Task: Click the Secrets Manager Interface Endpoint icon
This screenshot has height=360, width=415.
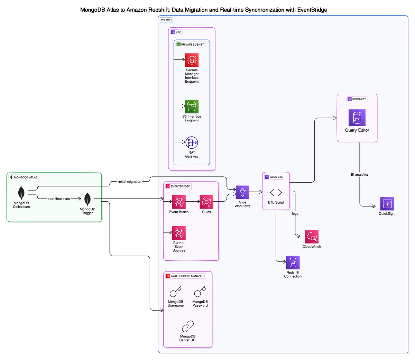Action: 192,60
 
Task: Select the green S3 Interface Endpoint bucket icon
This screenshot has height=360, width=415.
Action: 192,107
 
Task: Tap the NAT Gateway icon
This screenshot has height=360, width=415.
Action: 192,142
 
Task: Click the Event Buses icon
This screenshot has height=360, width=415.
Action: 179,202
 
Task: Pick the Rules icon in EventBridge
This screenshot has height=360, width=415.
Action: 206,202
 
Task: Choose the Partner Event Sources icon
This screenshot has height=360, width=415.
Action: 179,233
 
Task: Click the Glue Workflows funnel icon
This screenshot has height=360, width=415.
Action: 242,192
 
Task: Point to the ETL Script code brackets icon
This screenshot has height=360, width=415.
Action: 276,192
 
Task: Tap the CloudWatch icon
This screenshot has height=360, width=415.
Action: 312,237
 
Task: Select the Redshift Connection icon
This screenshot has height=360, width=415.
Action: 293,263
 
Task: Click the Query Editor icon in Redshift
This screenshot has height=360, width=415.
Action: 357,118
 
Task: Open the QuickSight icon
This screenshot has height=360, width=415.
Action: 387,204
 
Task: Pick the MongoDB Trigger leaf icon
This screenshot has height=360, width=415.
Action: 87,200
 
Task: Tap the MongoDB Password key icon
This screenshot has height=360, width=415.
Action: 200,292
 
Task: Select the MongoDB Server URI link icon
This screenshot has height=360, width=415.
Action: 188,326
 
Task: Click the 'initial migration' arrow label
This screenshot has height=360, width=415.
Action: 129,182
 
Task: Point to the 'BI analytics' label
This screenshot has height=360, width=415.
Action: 360,175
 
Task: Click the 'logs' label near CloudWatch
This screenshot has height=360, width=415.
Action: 295,214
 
